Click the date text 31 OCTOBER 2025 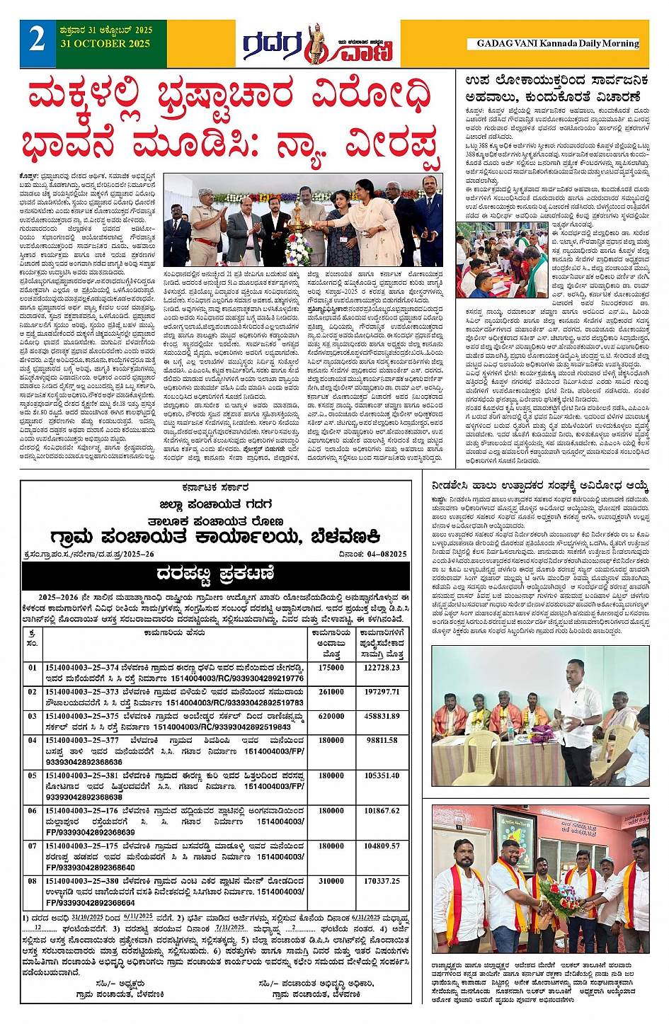point(106,44)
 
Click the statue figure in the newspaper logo point(314,42)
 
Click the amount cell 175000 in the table point(331,667)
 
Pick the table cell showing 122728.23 point(382,667)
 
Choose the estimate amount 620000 point(331,716)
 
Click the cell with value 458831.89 point(382,716)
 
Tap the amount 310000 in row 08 point(331,881)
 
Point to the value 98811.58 point(382,740)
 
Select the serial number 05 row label point(33,775)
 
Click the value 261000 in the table point(331,692)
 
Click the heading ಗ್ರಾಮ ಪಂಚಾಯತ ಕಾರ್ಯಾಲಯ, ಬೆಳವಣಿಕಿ point(215,535)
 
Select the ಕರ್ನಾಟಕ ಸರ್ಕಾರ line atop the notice point(215,488)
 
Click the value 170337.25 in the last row point(382,881)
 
